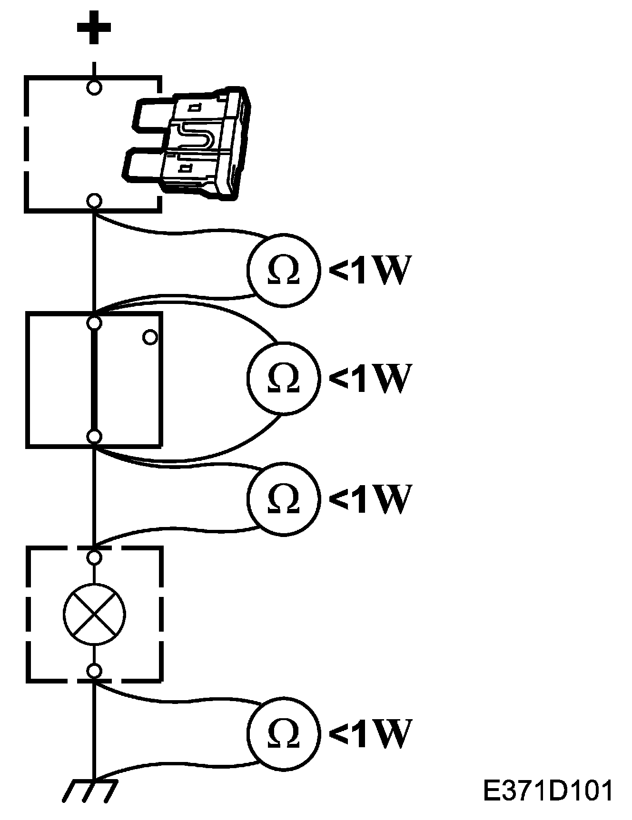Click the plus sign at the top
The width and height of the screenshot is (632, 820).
(x=94, y=27)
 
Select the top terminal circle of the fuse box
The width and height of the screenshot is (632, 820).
(x=94, y=88)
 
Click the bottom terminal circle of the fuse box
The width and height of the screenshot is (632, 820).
(x=95, y=201)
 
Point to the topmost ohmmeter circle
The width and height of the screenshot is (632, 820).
(x=283, y=269)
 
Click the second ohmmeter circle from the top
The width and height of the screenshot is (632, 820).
(x=283, y=377)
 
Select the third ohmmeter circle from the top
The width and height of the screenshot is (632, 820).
(x=283, y=497)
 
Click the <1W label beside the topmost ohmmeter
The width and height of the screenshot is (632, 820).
(x=369, y=270)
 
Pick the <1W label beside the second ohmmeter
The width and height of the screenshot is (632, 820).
(x=369, y=378)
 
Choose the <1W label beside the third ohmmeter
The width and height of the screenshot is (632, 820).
(x=369, y=498)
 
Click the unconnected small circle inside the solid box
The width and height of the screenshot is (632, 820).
(x=150, y=337)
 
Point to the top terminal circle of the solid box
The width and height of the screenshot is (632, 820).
(x=95, y=323)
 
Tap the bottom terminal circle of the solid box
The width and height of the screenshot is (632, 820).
(x=95, y=436)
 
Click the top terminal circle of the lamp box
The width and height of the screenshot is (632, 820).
(x=95, y=557)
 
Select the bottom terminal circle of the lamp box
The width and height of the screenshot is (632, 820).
(x=95, y=671)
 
